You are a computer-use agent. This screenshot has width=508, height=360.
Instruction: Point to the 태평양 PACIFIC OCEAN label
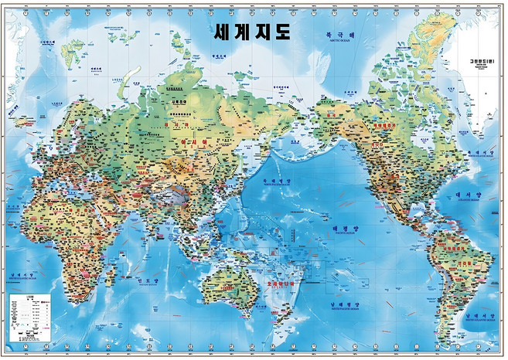pos(340,229)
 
